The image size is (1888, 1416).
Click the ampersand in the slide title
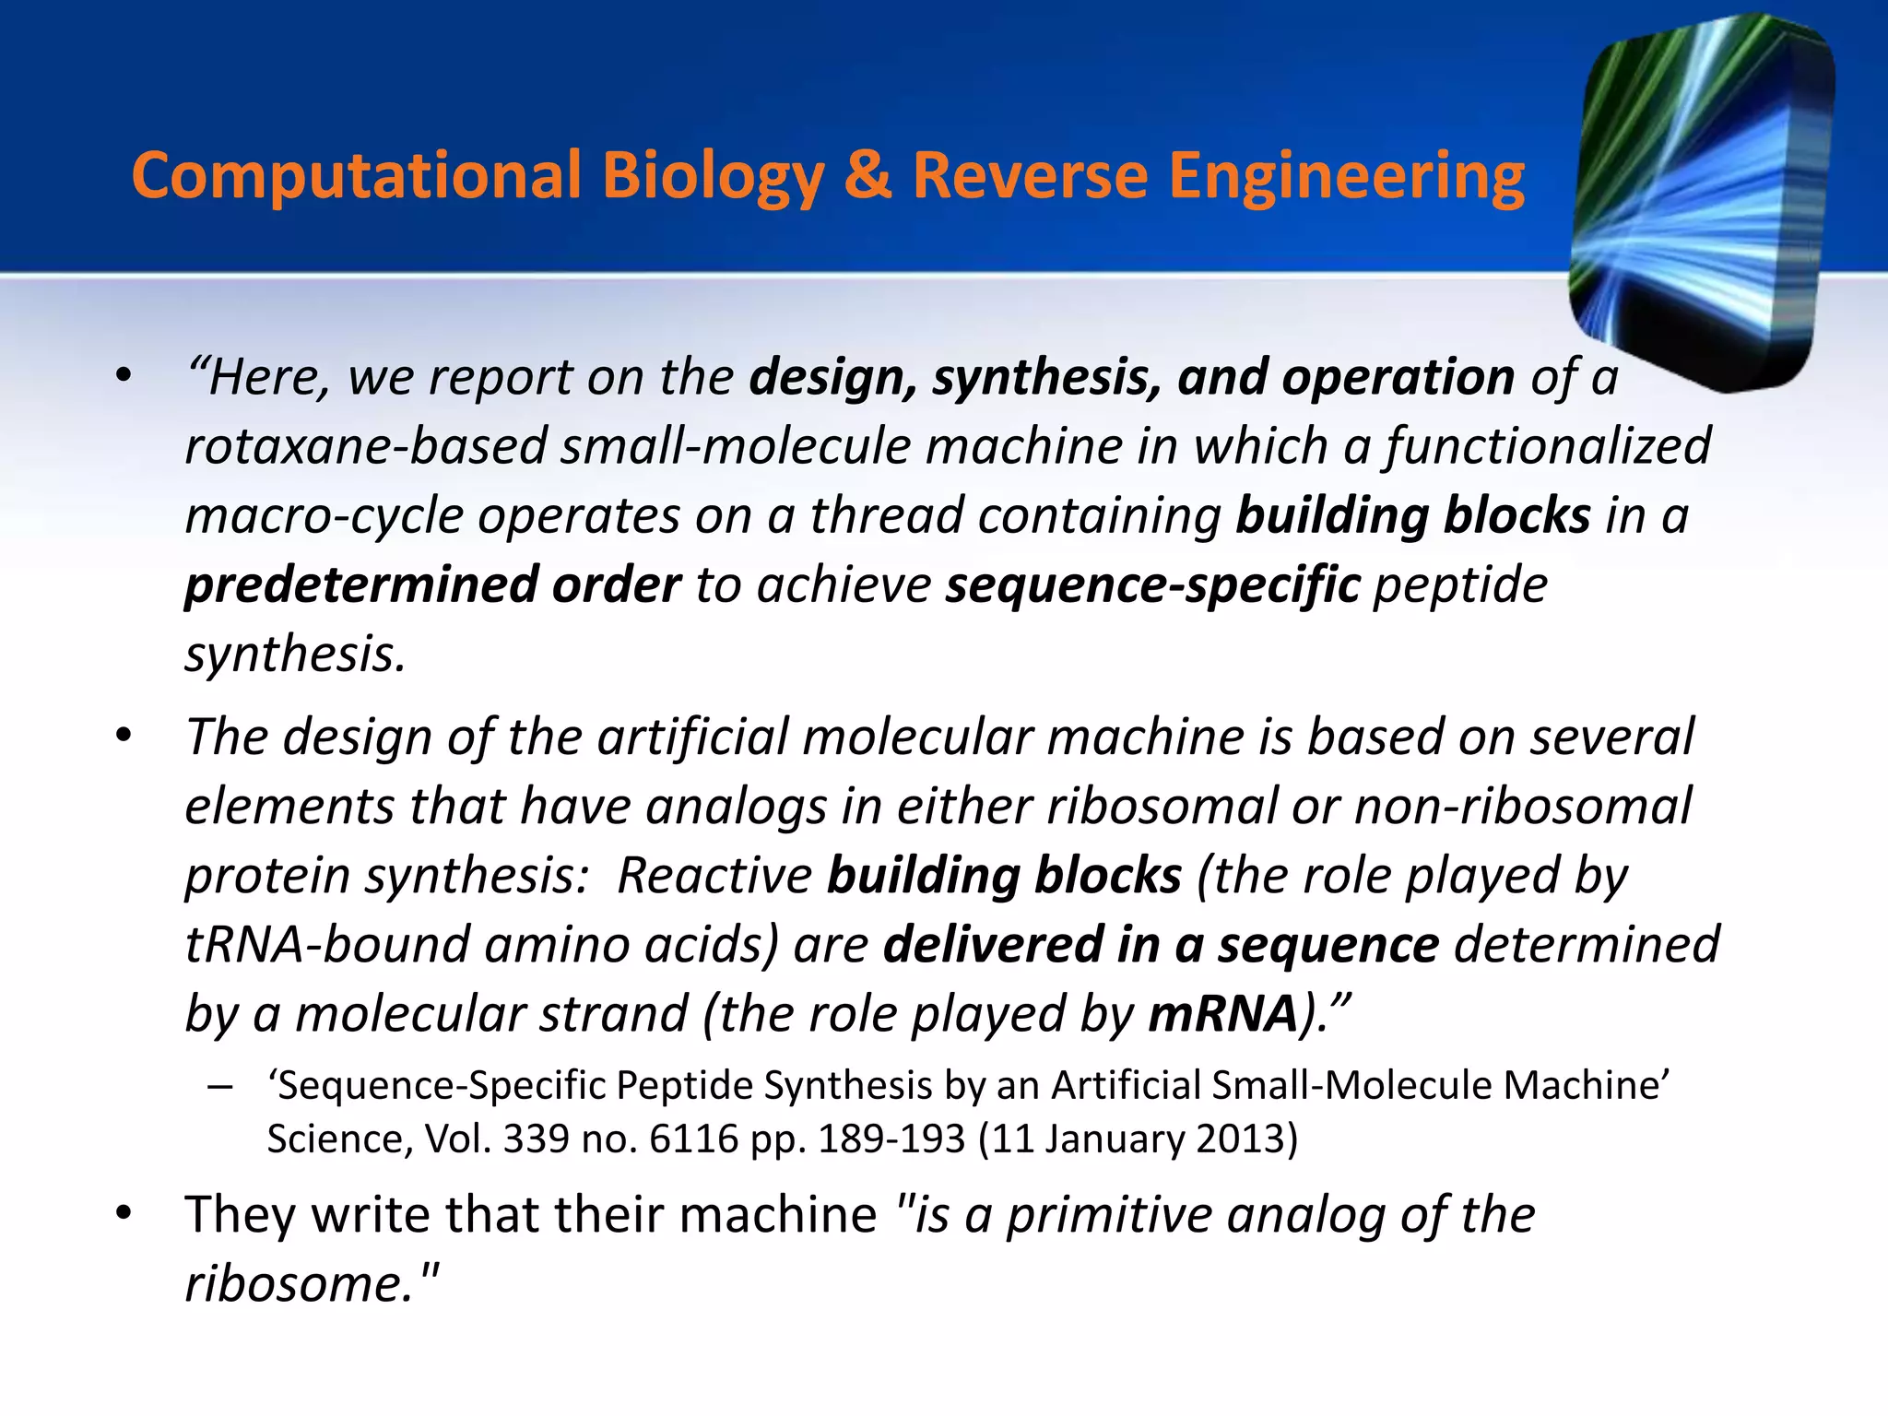pyautogui.click(x=867, y=175)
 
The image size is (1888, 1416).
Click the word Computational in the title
pyautogui.click(x=357, y=175)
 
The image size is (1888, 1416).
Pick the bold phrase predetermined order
pyautogui.click(x=432, y=585)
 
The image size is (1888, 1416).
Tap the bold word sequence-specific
pyautogui.click(x=1152, y=585)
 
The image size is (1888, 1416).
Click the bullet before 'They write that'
pyautogui.click(x=124, y=1215)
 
